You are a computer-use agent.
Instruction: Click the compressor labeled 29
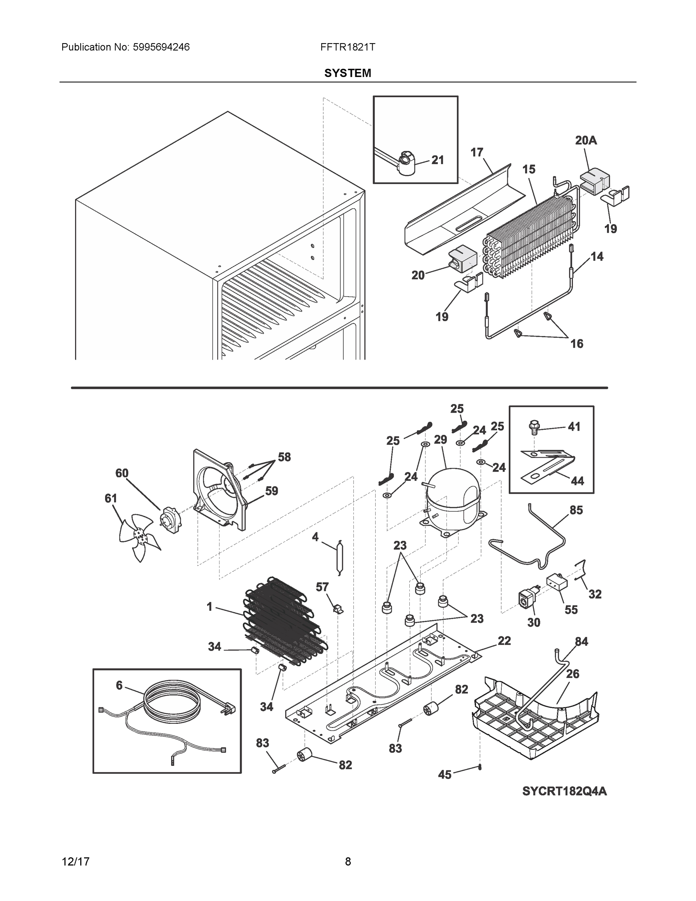coord(454,501)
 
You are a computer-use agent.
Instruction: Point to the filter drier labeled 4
coord(339,557)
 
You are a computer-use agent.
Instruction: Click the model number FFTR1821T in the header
coord(347,47)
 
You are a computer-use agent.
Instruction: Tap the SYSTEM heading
coord(347,73)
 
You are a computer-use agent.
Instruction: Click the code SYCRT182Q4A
coord(564,791)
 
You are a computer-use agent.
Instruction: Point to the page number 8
coord(347,862)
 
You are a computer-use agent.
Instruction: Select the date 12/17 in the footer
coord(75,862)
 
